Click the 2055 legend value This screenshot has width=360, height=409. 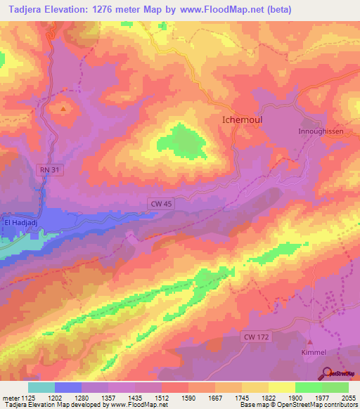pos(340,397)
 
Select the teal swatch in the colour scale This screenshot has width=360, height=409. pos(41,387)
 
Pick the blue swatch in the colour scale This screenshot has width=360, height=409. pos(68,387)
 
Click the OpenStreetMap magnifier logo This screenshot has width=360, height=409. pos(326,372)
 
